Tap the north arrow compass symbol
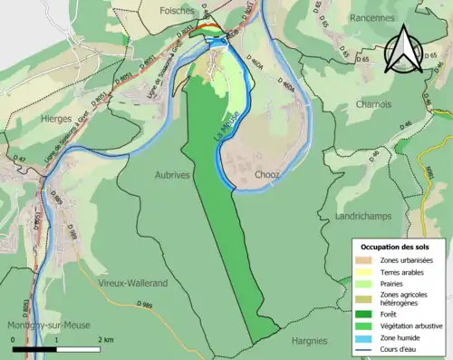tap(404, 50)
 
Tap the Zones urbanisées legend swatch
tap(367, 260)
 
